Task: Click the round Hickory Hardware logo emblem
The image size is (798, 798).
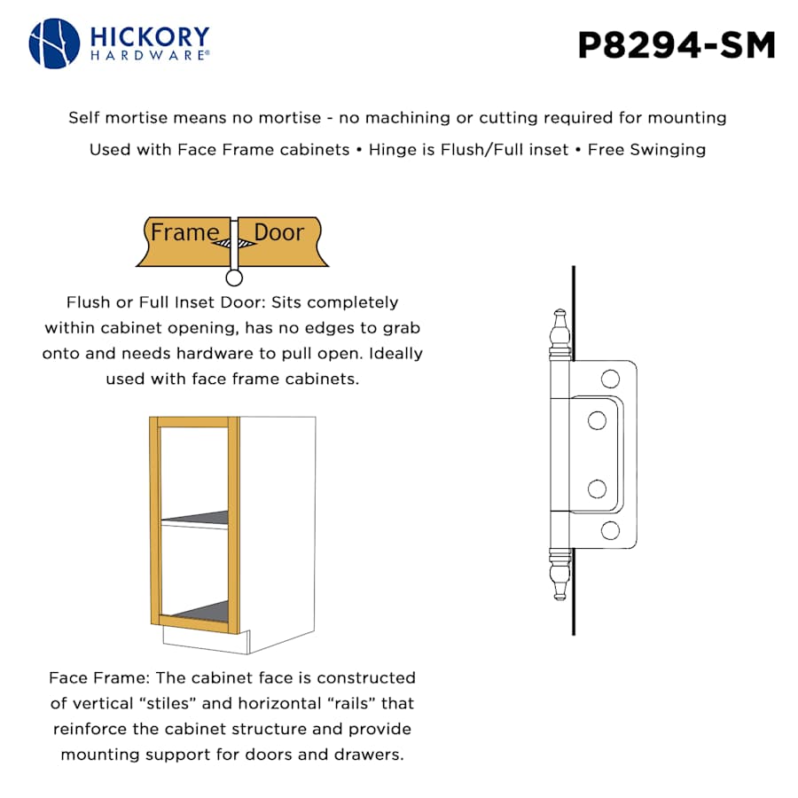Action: point(55,43)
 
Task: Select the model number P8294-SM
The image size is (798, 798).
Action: point(677,45)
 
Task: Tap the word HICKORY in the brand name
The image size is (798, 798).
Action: point(149,37)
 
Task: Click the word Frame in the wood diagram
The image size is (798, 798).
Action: point(184,233)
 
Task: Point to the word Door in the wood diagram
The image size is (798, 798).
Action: point(278,233)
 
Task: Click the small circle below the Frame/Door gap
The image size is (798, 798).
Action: point(234,278)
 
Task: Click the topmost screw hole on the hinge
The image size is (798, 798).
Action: point(609,379)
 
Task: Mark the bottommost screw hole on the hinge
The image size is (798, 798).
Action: point(609,530)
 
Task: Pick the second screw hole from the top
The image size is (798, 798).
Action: point(597,420)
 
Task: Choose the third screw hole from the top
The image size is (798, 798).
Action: point(597,489)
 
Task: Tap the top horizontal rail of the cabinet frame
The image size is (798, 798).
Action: point(193,421)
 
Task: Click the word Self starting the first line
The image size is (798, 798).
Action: point(84,118)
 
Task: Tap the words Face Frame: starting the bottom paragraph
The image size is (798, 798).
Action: point(99,678)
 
